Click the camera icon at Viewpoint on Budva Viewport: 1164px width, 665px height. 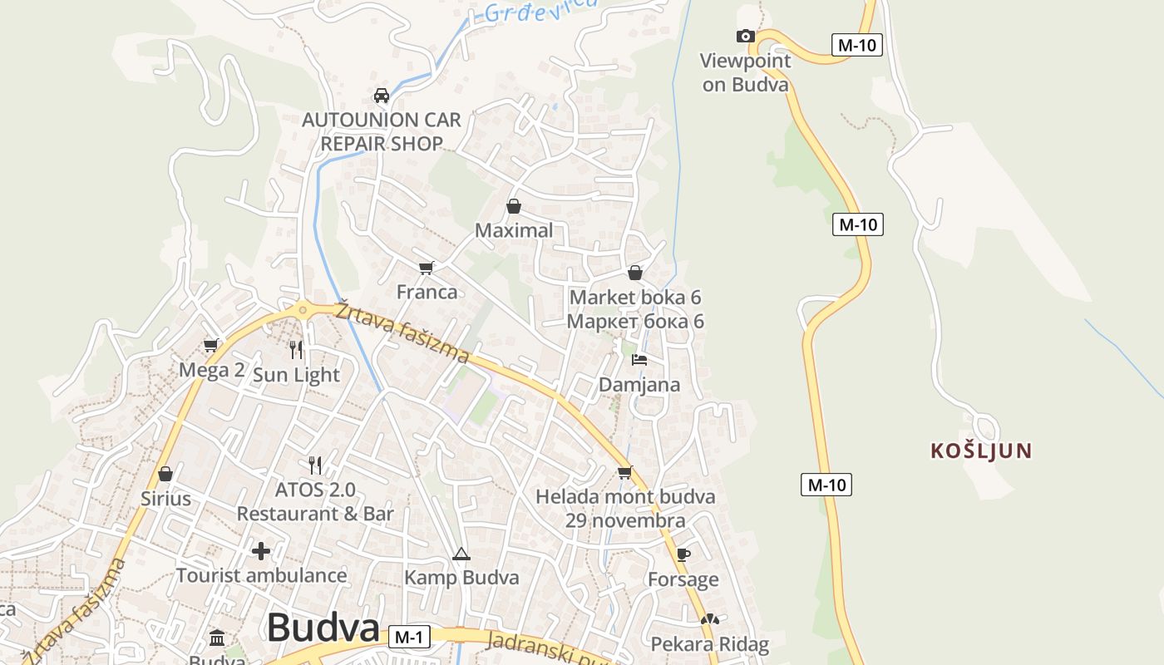click(746, 36)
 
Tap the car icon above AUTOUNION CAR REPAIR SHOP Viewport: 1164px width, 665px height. click(382, 95)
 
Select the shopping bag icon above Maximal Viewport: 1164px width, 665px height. click(514, 206)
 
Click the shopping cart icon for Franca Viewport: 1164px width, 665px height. click(427, 268)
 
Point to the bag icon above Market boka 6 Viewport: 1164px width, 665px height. click(635, 273)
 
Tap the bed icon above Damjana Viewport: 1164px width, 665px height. click(639, 360)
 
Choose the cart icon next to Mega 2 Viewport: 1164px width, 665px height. click(211, 345)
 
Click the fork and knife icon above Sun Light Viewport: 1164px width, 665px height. click(296, 350)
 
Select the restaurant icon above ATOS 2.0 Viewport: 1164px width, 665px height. click(315, 465)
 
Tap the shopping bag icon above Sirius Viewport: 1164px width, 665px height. click(165, 474)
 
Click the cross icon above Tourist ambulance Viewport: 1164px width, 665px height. click(261, 550)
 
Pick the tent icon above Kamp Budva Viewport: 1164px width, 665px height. click(461, 554)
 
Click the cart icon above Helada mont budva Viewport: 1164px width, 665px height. click(625, 472)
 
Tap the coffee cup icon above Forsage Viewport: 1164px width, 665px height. click(683, 554)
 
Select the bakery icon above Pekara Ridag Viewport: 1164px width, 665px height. click(709, 619)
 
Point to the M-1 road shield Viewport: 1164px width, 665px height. click(409, 638)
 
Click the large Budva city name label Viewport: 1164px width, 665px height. click(323, 628)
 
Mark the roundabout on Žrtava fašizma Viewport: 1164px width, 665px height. click(303, 310)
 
